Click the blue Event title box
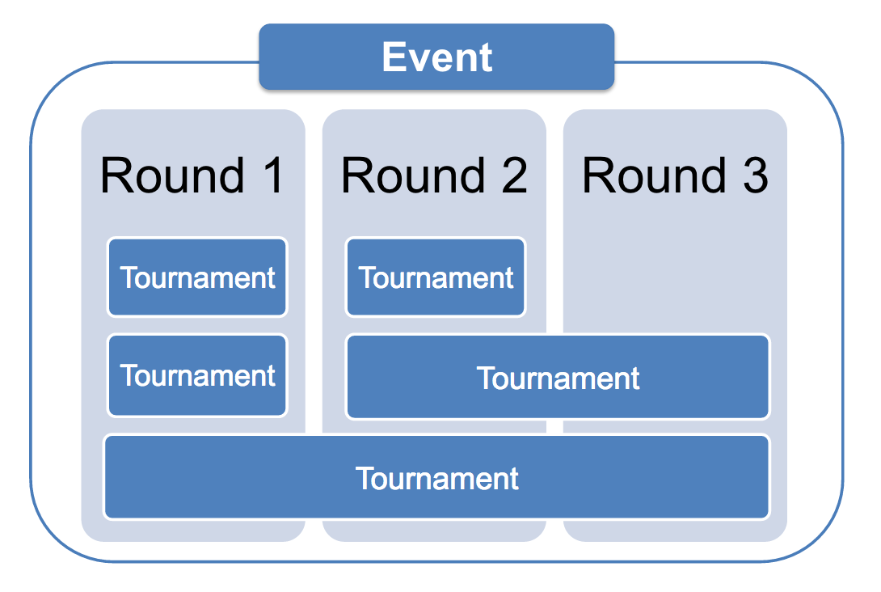436,57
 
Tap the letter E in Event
394,57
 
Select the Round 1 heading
192,175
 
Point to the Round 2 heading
434,175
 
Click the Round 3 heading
675,175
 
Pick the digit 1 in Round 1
274,175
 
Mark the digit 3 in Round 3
755,175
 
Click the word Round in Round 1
172,175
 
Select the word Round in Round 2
413,175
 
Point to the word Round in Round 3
654,175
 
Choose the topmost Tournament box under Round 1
197,277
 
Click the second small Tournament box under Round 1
197,375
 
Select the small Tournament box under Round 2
436,277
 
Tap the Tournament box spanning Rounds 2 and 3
558,377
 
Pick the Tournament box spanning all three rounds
436,476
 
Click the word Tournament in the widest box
436,479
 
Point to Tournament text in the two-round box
558,378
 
